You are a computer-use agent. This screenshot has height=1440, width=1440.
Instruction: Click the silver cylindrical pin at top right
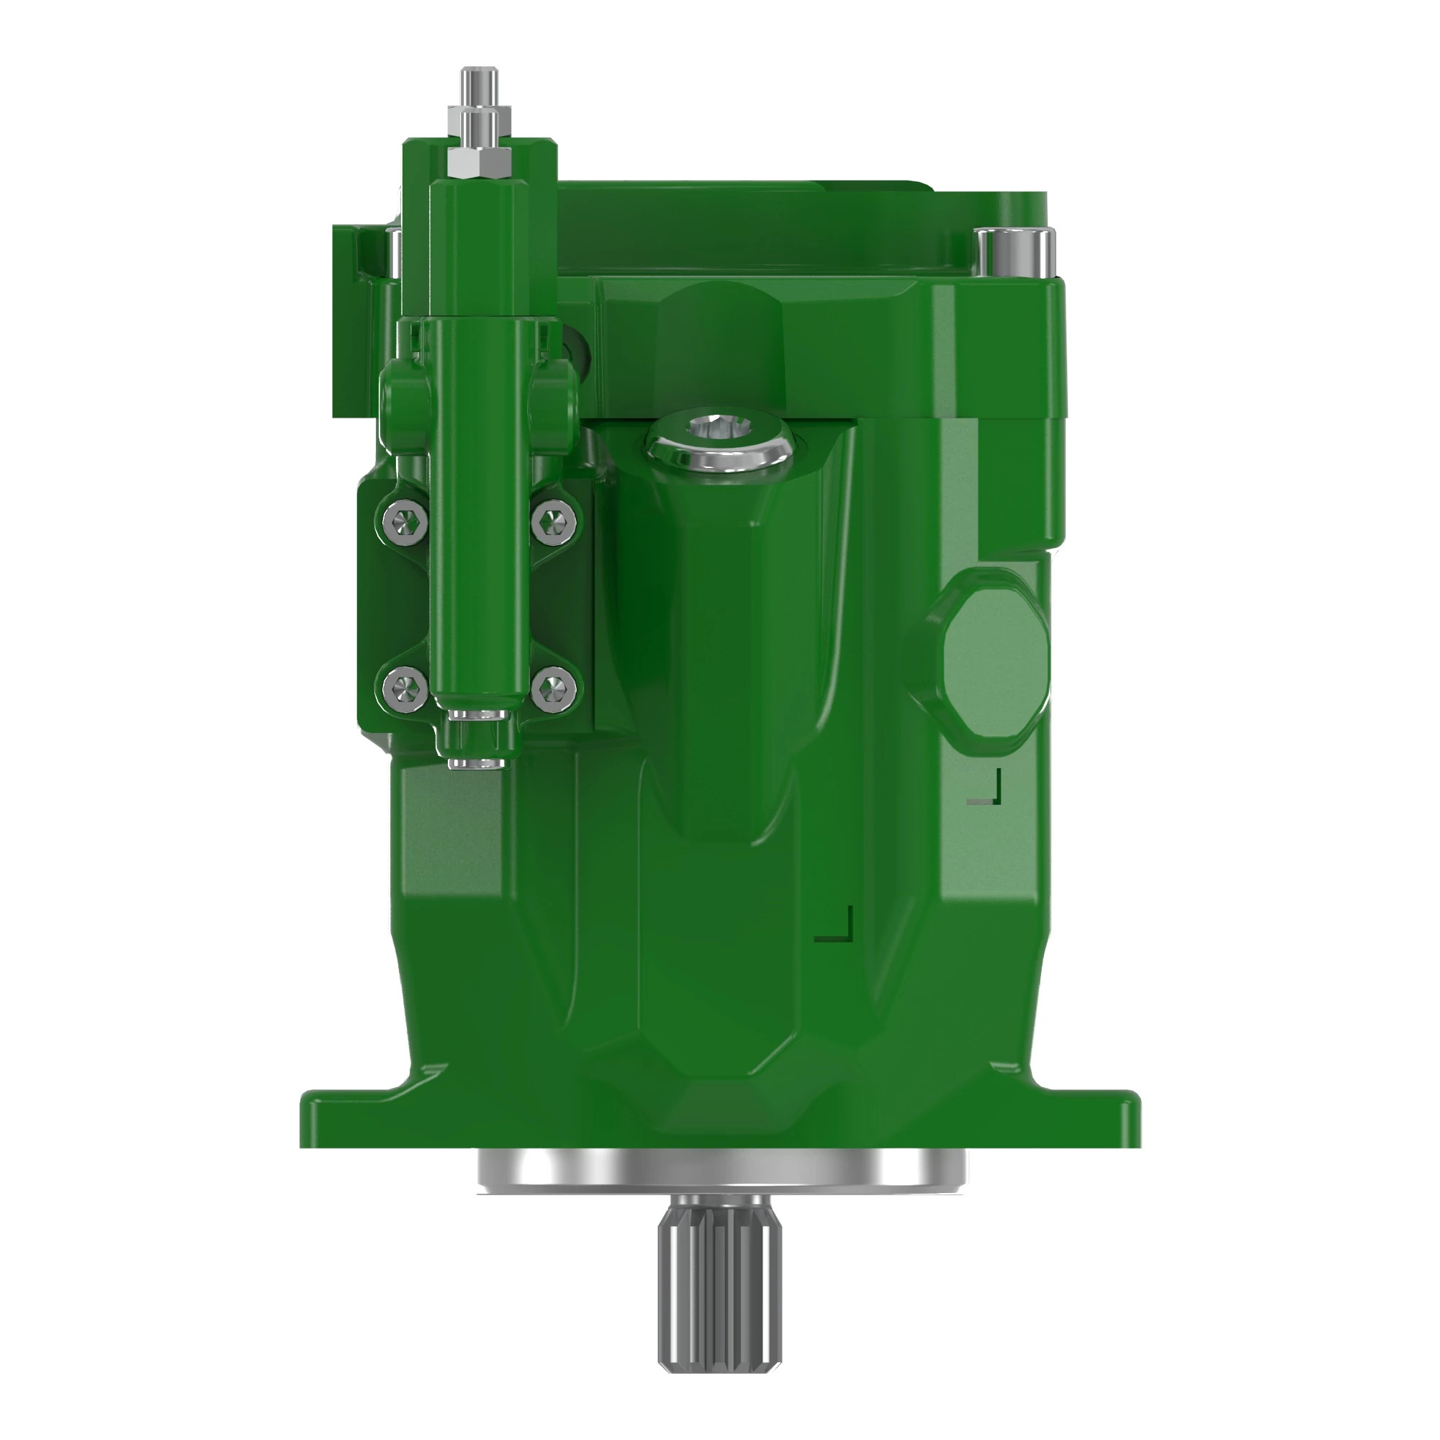(1015, 252)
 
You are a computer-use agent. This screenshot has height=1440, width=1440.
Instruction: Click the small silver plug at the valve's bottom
(474, 762)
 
